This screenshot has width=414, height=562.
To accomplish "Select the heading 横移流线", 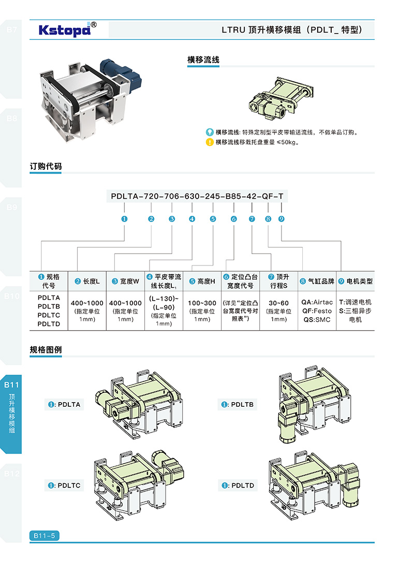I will (203, 60).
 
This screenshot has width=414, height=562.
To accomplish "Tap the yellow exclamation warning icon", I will (210, 142).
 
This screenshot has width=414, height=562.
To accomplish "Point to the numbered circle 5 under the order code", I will (213, 219).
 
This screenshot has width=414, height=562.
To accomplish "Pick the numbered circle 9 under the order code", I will (281, 219).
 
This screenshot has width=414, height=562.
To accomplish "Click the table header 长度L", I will (87, 282).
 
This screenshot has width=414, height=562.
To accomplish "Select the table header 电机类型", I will (355, 282).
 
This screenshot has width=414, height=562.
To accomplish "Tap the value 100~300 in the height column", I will (202, 303).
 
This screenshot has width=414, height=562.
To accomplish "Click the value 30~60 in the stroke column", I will (278, 303).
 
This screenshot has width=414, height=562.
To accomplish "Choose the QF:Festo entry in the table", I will (317, 311).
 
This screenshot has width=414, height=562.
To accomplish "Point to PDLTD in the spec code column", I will (49, 324).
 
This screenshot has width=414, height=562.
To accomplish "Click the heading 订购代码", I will (46, 167).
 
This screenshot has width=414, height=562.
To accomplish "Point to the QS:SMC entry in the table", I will (317, 319).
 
